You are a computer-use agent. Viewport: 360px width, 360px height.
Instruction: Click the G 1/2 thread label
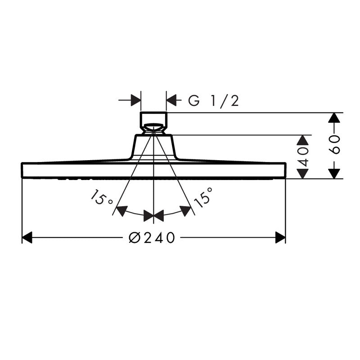click(213, 101)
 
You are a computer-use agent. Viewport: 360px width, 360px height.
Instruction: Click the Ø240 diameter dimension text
click(151, 238)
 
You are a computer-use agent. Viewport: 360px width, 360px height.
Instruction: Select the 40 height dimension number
click(304, 157)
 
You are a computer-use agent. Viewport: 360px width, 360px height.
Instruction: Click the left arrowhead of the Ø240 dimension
click(27, 238)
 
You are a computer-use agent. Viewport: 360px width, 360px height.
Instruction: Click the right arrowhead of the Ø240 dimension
click(280, 238)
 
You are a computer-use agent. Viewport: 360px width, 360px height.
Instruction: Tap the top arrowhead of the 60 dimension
click(333, 118)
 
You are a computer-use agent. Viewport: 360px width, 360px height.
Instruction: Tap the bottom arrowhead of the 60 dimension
click(333, 173)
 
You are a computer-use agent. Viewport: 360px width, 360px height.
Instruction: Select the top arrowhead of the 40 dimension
click(304, 140)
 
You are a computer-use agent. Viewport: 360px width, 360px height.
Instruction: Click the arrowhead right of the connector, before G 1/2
click(172, 100)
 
